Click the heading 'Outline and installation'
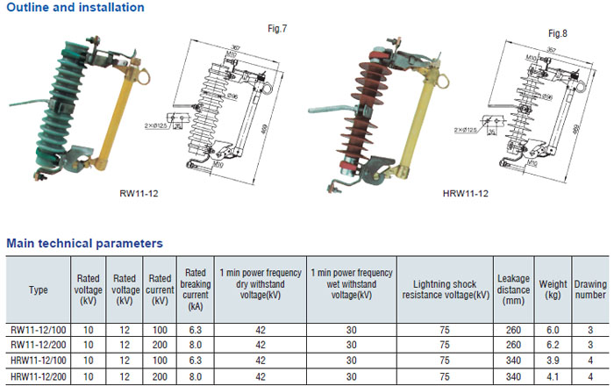(x=75, y=8)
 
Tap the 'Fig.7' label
(x=277, y=29)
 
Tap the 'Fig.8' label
(x=558, y=33)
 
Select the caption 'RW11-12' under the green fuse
(x=138, y=193)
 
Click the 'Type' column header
(x=39, y=289)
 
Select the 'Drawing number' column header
(x=590, y=289)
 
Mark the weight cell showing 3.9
(x=553, y=361)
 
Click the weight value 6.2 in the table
(x=553, y=346)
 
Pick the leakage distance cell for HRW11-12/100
(x=513, y=361)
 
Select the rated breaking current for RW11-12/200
(x=195, y=346)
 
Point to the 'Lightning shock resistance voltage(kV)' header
(x=446, y=289)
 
